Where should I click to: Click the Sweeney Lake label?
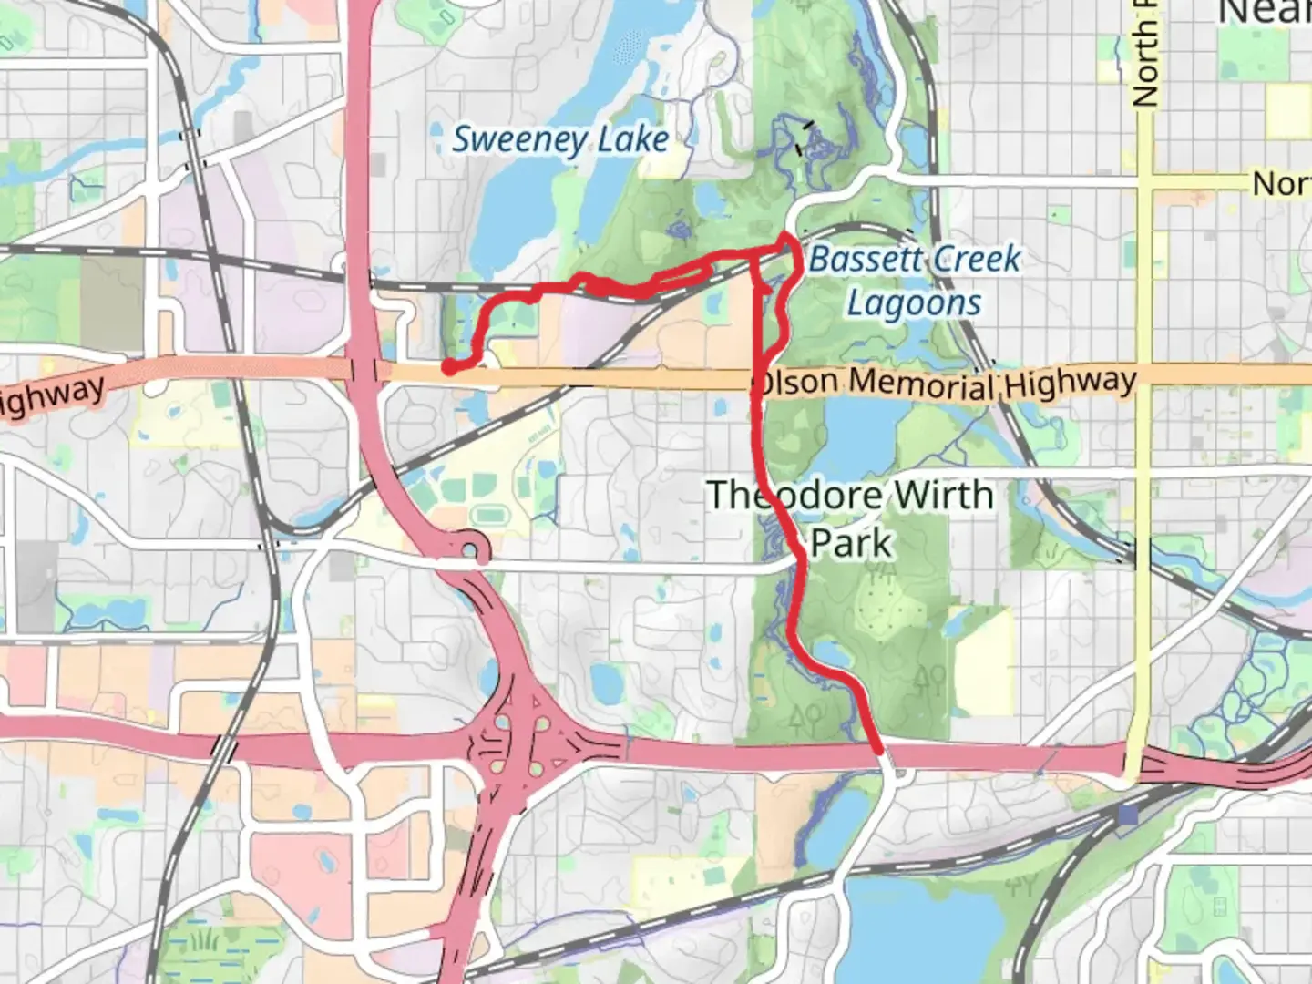point(560,139)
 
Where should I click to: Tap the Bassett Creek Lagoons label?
point(914,281)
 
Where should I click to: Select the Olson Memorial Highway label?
point(946,384)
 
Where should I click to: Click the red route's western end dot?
point(449,366)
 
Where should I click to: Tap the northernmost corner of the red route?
point(786,237)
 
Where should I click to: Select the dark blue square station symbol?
point(1128,815)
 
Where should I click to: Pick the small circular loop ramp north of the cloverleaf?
point(471,551)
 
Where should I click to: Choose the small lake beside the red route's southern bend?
point(831,654)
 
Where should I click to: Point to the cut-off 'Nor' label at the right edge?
point(1281,183)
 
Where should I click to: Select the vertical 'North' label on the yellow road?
point(1144,55)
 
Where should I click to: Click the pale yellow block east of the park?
point(982,660)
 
